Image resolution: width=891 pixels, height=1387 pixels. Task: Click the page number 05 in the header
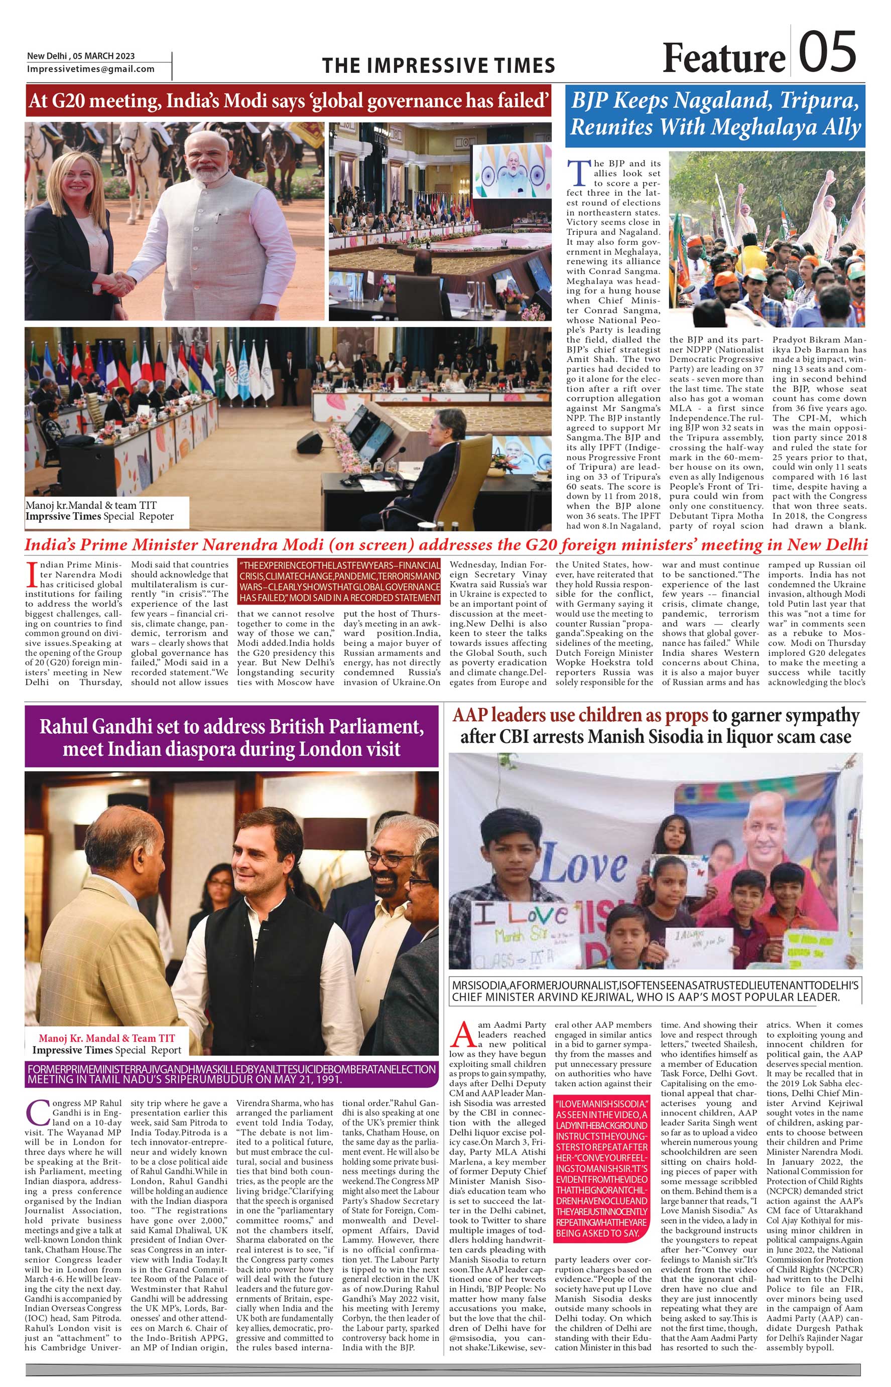point(827,52)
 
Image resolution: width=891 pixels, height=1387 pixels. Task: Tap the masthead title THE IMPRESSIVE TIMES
point(439,65)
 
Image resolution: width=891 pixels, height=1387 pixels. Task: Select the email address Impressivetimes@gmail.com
point(91,69)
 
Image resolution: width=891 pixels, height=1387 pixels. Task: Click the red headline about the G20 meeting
point(288,101)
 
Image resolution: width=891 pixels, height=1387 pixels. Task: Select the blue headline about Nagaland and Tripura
point(715,114)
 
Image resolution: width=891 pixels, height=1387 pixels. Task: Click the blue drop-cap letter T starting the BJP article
point(577,172)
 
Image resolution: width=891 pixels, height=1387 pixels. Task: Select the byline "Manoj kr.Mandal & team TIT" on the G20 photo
point(91,505)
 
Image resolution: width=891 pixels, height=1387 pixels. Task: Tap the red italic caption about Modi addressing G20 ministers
point(446,545)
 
